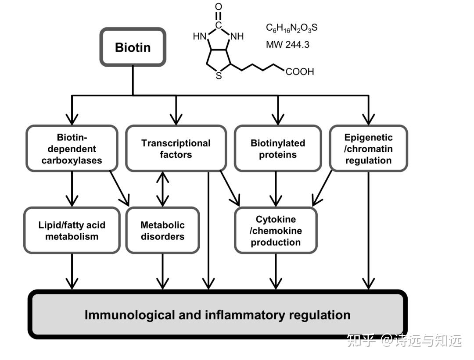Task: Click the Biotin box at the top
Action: [133, 47]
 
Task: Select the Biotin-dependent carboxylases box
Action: [72, 149]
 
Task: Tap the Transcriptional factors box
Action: [176, 149]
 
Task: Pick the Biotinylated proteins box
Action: [277, 149]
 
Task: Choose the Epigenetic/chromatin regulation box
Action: [368, 149]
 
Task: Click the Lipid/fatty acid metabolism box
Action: [72, 231]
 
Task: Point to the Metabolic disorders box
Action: [162, 231]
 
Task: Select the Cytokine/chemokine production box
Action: [276, 231]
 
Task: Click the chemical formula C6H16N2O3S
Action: [291, 28]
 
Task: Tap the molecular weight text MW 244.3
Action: [287, 44]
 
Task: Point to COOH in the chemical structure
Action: [300, 71]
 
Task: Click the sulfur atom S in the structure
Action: [219, 76]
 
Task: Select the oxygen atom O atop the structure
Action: [219, 7]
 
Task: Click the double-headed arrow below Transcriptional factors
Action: [163, 189]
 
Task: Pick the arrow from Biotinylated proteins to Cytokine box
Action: [276, 189]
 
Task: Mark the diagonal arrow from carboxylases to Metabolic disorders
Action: [119, 188]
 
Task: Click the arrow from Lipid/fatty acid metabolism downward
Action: [72, 271]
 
